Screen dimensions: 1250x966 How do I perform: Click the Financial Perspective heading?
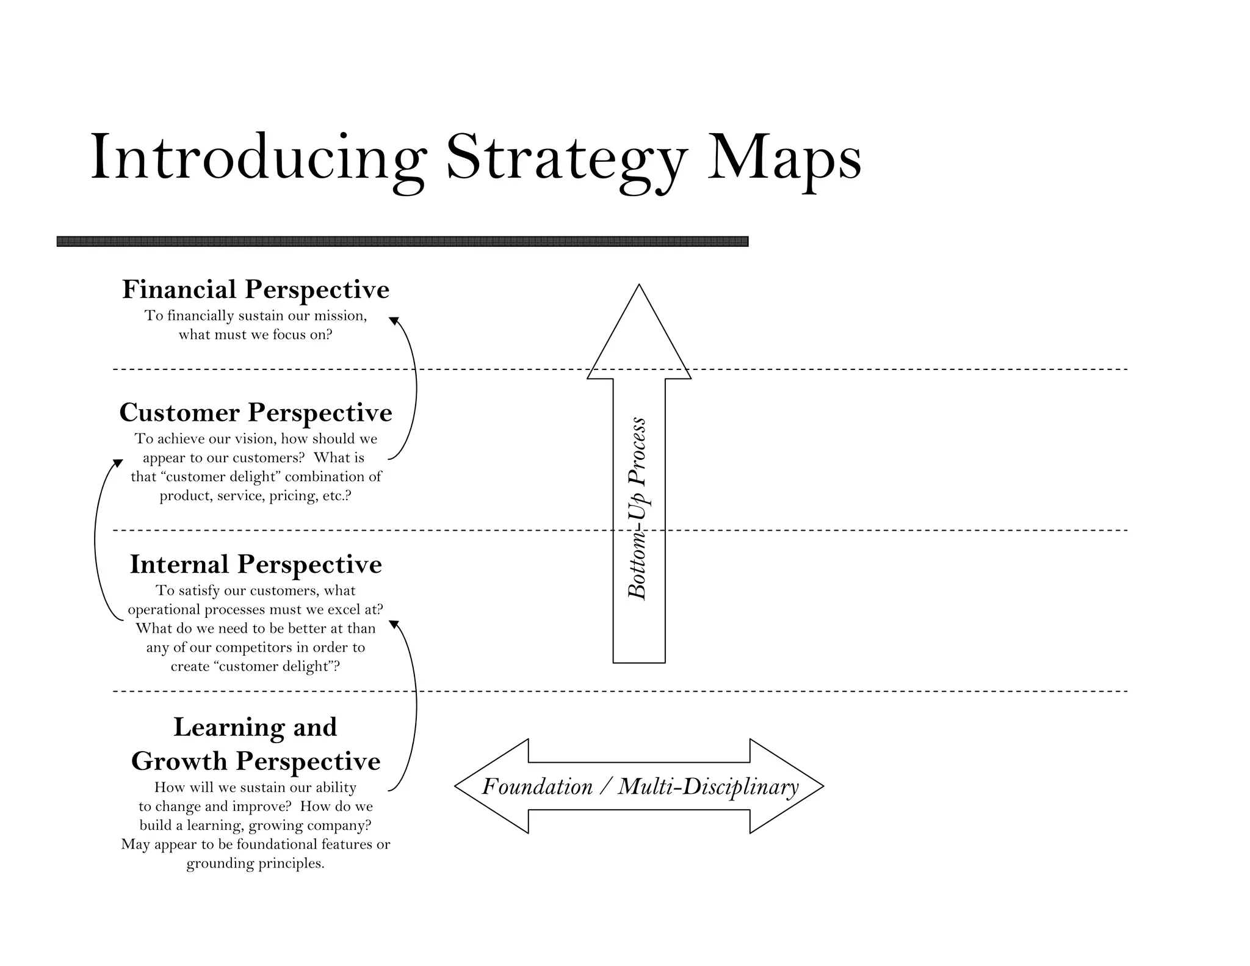tap(256, 289)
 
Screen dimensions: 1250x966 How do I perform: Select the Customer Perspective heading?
tap(256, 413)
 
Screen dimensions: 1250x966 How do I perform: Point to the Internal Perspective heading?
tap(256, 564)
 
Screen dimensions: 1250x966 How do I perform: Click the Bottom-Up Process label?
tap(637, 508)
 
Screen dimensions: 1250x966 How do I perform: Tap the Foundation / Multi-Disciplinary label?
tap(640, 786)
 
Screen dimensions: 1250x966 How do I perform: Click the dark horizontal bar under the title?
tap(402, 241)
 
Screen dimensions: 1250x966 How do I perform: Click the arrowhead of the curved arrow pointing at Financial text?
tap(394, 321)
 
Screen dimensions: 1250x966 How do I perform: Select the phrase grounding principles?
tap(255, 863)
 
